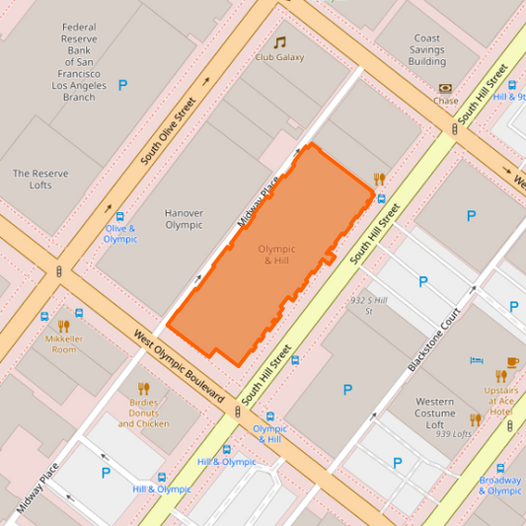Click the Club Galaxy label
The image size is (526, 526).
point(279,57)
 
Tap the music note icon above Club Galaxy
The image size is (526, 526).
point(279,42)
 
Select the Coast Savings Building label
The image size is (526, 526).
point(427,50)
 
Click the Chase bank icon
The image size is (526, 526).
point(444,88)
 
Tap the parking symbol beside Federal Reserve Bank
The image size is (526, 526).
point(122,86)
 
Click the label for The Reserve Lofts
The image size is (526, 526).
point(40,179)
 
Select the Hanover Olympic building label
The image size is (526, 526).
point(184,218)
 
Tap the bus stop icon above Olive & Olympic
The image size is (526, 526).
point(120,217)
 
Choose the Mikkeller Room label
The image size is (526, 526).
point(63,344)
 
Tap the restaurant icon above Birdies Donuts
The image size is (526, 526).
point(143,388)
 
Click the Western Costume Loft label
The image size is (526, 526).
point(434,413)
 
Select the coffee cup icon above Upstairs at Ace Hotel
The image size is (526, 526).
point(512,362)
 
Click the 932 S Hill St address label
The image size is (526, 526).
point(368,305)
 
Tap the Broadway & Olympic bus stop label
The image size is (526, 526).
point(500,485)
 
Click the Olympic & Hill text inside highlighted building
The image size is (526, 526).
point(276,255)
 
